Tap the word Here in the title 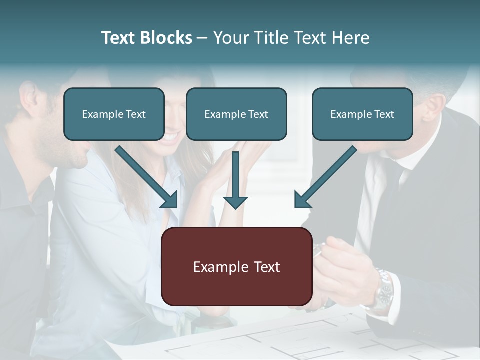[351, 38]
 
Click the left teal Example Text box [114, 114]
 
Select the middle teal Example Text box [236, 114]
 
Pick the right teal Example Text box [362, 114]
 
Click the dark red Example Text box [236, 266]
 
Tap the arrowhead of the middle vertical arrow [235, 202]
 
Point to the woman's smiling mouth [170, 136]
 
